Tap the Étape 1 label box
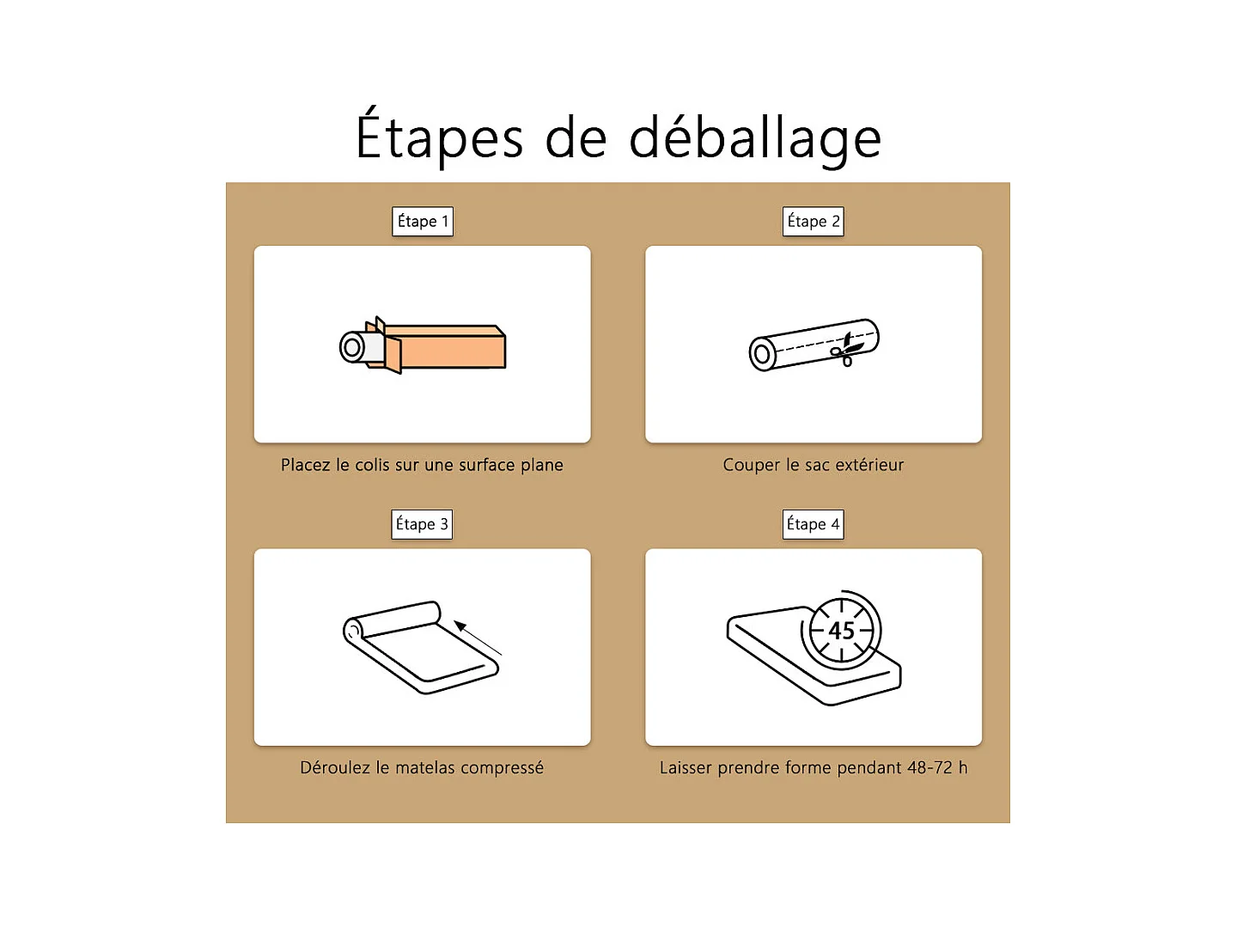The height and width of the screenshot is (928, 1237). coord(422,221)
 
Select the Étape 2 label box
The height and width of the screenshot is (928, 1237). coord(813,221)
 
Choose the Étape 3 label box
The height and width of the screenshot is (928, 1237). coord(422,524)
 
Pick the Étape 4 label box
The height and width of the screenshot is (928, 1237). coord(813,524)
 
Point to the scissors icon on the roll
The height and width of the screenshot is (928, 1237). coord(846,351)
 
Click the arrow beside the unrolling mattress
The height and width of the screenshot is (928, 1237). coord(478,638)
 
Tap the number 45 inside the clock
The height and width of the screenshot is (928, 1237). coord(841,631)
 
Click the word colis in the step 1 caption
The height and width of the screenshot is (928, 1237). coord(372,465)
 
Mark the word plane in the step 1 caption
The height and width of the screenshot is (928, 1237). coord(541,466)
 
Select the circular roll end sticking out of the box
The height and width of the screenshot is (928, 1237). coord(352,347)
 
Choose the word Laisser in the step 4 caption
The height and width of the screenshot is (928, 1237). coord(686,767)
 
